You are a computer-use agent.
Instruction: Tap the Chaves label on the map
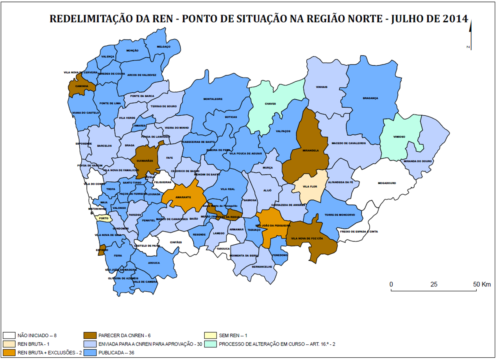click(270, 104)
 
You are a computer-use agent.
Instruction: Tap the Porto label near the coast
click(104, 219)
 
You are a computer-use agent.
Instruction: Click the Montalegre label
click(213, 99)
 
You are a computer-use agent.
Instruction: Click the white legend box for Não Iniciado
click(9, 335)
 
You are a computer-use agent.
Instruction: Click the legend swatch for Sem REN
click(211, 335)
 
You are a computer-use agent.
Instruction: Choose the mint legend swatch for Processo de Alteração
click(211, 344)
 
